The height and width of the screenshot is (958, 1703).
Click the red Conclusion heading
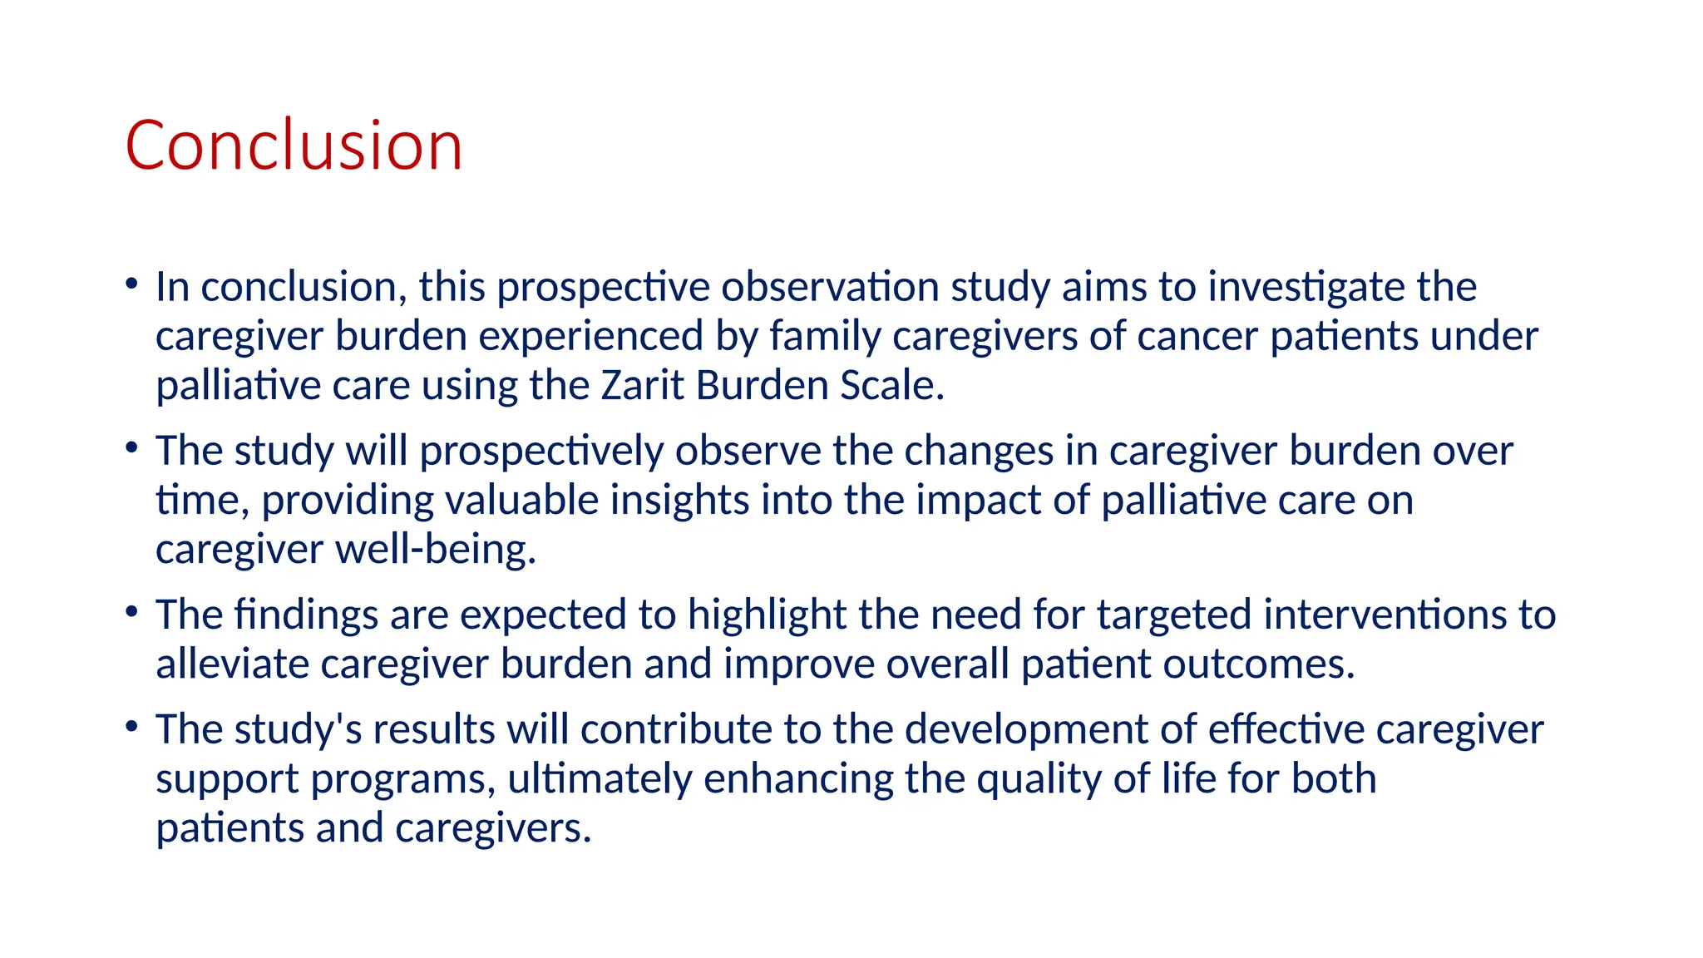[x=294, y=146]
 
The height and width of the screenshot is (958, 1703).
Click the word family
[x=824, y=337]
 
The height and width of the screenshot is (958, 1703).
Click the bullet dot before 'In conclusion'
[x=131, y=284]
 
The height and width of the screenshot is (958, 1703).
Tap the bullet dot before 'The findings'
[x=131, y=612]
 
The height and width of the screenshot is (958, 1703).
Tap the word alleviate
[x=232, y=664]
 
